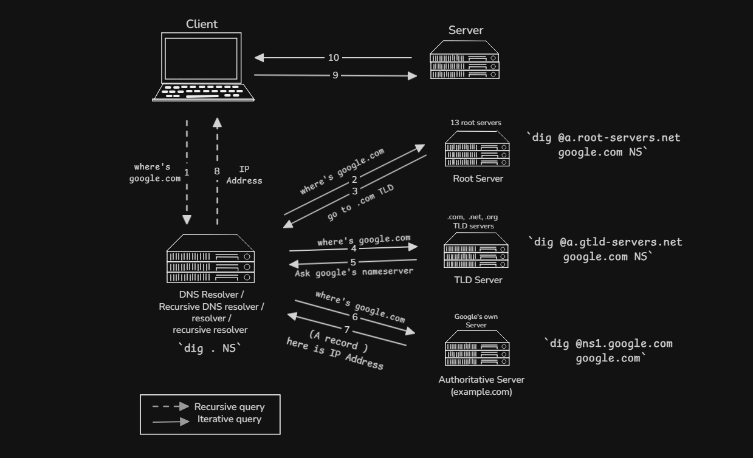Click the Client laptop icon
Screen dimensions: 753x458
204,67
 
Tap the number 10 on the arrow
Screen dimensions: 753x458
334,58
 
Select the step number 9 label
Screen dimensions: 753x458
335,75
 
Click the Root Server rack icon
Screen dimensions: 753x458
477,149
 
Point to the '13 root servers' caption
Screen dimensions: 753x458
476,123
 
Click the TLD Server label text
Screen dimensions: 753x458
478,280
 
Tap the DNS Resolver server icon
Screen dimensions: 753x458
210,258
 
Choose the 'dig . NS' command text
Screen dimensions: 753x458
210,348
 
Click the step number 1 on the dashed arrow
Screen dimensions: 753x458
187,173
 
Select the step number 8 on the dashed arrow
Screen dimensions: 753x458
217,171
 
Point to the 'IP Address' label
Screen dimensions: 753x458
244,175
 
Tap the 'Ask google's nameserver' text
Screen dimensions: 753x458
354,272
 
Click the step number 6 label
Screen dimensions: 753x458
355,317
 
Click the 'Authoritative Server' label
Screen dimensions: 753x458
481,380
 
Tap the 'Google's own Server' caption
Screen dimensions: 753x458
476,321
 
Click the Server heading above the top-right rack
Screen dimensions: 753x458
466,30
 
